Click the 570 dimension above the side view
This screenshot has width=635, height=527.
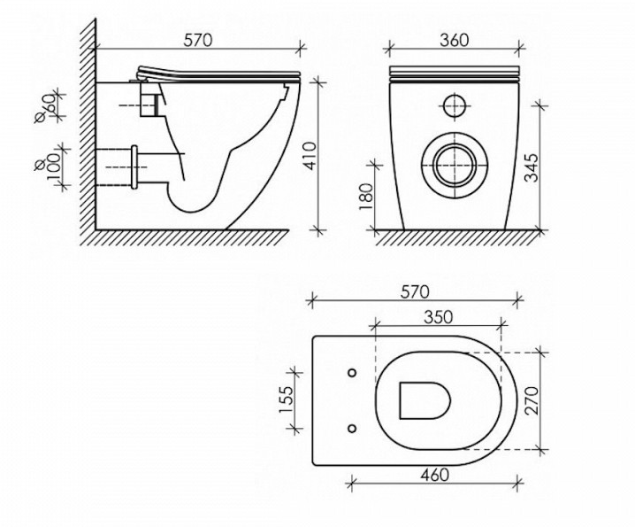198,40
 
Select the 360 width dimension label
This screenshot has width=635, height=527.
454,40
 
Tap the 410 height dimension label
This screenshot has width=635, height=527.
310,156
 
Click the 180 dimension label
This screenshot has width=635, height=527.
365,197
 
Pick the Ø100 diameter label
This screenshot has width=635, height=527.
48,165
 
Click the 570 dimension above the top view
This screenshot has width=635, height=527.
414,291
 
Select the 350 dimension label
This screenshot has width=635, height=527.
438,317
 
